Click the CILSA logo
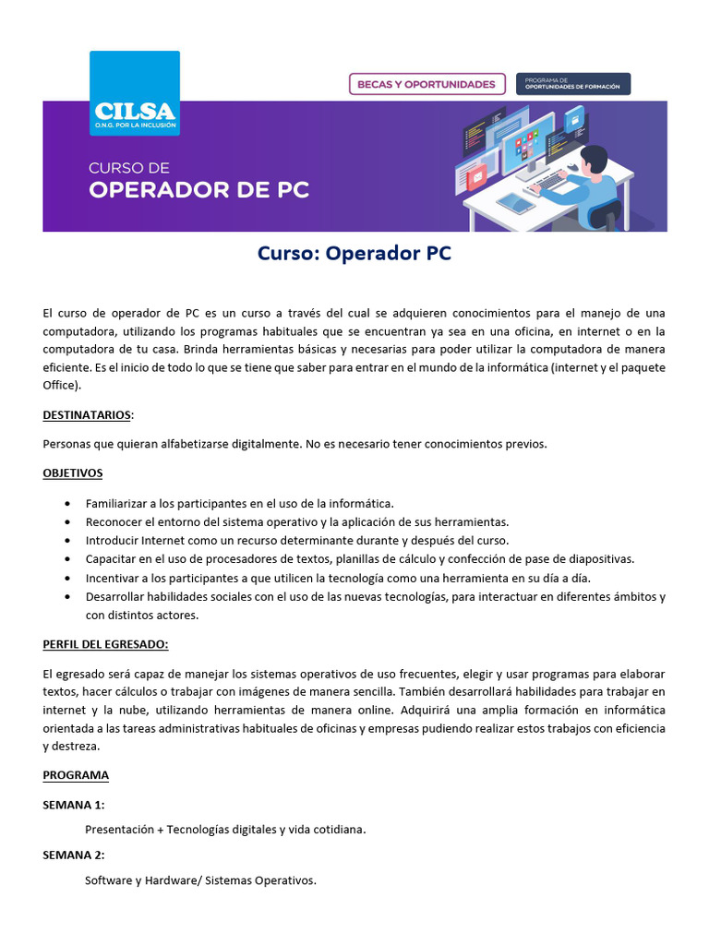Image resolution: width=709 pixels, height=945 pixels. pyautogui.click(x=134, y=93)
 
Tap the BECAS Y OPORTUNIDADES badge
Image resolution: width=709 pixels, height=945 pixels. pyautogui.click(x=427, y=84)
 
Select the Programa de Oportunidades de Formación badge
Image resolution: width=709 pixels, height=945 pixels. pyautogui.click(x=573, y=84)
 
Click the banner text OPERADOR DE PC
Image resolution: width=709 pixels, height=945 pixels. pyautogui.click(x=198, y=190)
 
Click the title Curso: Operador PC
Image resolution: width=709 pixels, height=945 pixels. pyautogui.click(x=354, y=254)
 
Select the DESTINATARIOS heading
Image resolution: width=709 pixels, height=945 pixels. pyautogui.click(x=88, y=414)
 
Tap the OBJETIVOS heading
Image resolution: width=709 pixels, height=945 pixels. pyautogui.click(x=73, y=472)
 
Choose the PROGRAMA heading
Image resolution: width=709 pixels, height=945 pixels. pyautogui.click(x=76, y=775)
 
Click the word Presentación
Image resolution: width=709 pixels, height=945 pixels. pyautogui.click(x=119, y=830)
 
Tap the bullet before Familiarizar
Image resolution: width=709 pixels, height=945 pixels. pyautogui.click(x=68, y=504)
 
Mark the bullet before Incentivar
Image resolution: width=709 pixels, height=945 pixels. pyautogui.click(x=68, y=578)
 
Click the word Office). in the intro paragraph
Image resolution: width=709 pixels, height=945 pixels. pyautogui.click(x=62, y=385)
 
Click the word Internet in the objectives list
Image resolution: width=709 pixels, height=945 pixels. pyautogui.click(x=164, y=541)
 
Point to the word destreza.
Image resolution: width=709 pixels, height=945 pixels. pyautogui.click(x=78, y=746)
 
